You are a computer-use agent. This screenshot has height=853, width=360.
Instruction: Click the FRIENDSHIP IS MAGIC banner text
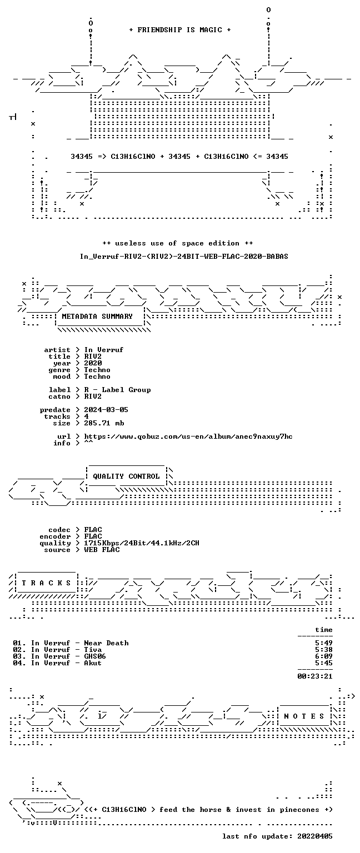(180, 29)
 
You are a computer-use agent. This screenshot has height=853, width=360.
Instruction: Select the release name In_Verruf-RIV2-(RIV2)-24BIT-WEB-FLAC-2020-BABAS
(184, 256)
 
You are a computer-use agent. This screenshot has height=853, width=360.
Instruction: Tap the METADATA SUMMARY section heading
(97, 316)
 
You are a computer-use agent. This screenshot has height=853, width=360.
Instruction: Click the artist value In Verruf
(104, 349)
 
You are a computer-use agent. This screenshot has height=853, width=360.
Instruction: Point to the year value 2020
(93, 363)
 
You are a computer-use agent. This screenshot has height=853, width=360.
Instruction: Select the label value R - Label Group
(117, 389)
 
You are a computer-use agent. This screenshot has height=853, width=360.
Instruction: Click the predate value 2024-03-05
(106, 410)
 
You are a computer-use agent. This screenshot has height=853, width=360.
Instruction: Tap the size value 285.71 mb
(104, 423)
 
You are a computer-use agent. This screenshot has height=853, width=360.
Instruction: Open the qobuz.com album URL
(188, 436)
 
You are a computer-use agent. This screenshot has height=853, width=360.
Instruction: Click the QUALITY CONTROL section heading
(126, 476)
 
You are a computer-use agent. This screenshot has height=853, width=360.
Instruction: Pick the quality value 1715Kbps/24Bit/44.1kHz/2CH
(142, 543)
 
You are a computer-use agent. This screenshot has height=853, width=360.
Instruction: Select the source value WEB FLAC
(102, 549)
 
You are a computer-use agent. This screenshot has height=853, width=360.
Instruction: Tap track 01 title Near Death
(106, 643)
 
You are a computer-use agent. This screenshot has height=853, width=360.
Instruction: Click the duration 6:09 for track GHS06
(324, 656)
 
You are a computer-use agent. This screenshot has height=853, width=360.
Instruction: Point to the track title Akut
(93, 663)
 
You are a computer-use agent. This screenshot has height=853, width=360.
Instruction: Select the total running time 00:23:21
(314, 676)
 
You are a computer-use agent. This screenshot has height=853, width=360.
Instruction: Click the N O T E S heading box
(304, 716)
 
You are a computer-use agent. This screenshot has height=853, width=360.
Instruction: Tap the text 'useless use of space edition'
(178, 243)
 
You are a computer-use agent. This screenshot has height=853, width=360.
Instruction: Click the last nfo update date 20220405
(314, 836)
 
